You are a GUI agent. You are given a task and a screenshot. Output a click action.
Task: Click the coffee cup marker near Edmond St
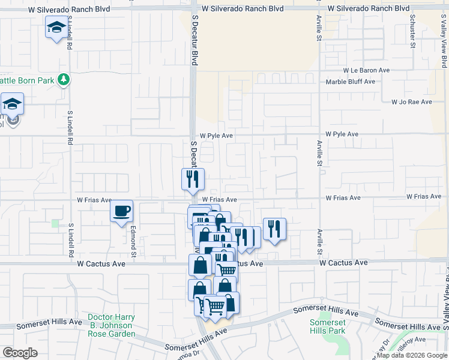pos(122,211)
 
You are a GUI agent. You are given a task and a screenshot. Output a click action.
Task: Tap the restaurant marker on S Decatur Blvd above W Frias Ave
pos(193,179)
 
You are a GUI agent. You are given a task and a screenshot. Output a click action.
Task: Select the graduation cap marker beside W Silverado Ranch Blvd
pos(56,28)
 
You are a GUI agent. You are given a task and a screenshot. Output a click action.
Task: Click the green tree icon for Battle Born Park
pos(63,79)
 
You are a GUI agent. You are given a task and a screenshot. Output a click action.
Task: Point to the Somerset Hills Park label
pos(327,326)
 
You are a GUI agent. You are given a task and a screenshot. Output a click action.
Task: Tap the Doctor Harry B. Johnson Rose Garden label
pos(111,325)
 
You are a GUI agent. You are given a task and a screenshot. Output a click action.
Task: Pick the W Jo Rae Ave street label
pos(411,102)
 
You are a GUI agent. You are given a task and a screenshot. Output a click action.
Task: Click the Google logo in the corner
pos(20,353)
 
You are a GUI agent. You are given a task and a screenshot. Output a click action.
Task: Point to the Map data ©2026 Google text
pos(412,356)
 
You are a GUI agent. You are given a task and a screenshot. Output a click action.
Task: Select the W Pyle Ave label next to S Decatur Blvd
pos(217,136)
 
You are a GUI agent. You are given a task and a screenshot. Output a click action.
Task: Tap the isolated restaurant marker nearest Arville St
pos(274,229)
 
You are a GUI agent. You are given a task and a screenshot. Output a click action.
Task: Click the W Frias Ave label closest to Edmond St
pos(94,200)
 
